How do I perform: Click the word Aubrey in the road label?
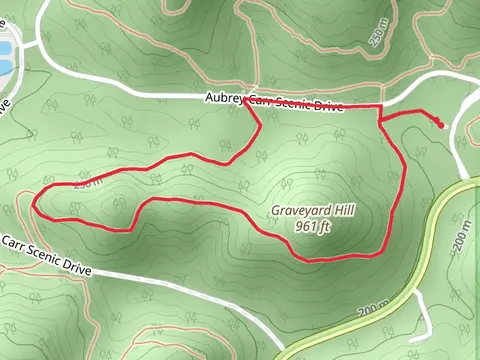point(223,98)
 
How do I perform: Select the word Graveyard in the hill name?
point(299,211)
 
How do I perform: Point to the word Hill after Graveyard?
point(343,211)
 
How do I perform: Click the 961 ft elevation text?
point(313,226)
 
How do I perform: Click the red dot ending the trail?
point(441,125)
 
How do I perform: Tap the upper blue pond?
point(4,47)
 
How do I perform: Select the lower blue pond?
point(4,66)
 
